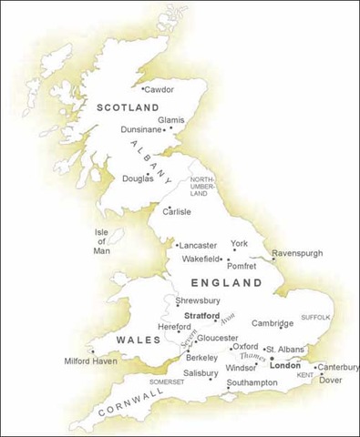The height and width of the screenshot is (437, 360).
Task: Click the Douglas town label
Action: tap(139, 178)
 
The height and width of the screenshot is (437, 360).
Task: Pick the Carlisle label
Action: tap(177, 211)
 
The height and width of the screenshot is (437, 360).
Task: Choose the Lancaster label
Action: tap(198, 246)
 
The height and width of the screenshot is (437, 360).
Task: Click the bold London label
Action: tap(285, 365)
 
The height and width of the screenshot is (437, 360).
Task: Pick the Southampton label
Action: tap(246, 381)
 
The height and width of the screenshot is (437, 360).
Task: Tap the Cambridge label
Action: tap(273, 323)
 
